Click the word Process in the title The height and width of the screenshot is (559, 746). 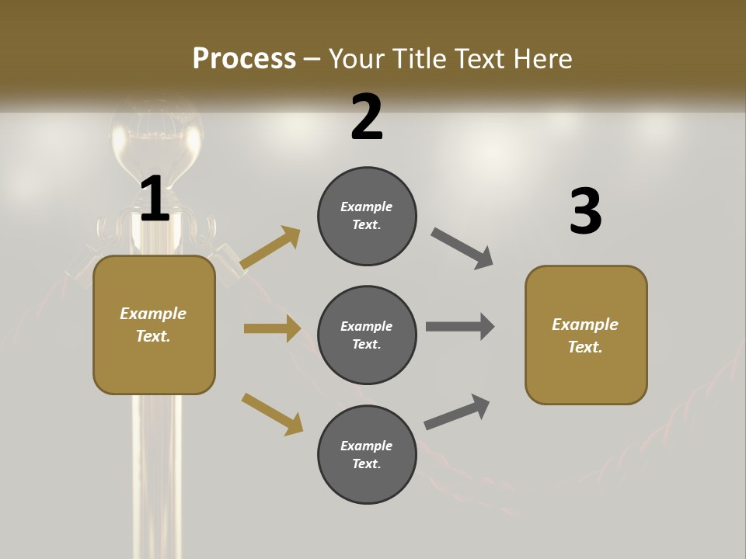click(244, 58)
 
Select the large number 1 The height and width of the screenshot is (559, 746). click(155, 200)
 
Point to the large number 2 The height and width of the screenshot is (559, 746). click(367, 117)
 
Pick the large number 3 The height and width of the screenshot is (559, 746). click(585, 212)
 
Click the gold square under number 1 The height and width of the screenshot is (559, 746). click(154, 325)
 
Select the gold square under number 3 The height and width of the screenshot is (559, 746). click(586, 335)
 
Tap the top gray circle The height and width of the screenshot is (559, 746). click(367, 216)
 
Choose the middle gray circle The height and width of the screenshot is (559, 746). click(367, 335)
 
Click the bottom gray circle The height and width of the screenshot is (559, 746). click(367, 454)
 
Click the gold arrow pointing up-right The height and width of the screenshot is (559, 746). click(270, 248)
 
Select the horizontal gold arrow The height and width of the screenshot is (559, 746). click(272, 328)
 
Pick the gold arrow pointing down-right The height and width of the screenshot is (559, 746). click(272, 414)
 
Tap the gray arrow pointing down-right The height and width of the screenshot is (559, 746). click(462, 248)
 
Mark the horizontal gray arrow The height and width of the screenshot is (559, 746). click(460, 327)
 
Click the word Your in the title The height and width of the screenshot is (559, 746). click(354, 58)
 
